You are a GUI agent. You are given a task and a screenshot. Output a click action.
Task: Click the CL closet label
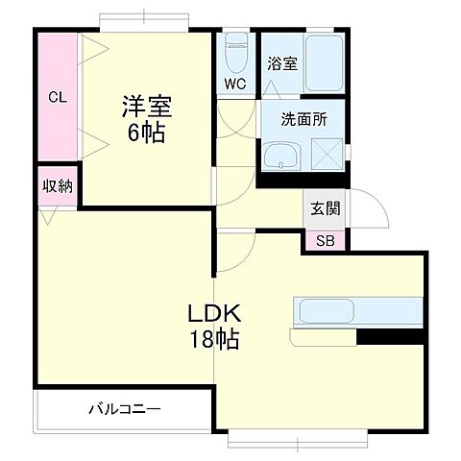tap(58, 96)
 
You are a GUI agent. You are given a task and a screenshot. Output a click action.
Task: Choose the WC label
tap(235, 84)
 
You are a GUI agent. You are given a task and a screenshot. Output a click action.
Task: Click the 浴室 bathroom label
tap(281, 63)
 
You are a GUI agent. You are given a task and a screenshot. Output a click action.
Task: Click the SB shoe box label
tap(327, 240)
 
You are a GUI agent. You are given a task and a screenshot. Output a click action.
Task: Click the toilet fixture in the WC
tap(235, 53)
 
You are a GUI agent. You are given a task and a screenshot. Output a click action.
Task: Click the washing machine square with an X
tap(326, 154)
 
